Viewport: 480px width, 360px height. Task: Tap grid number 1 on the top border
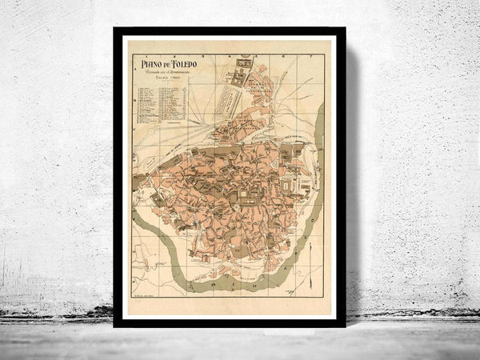pos(189,54)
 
